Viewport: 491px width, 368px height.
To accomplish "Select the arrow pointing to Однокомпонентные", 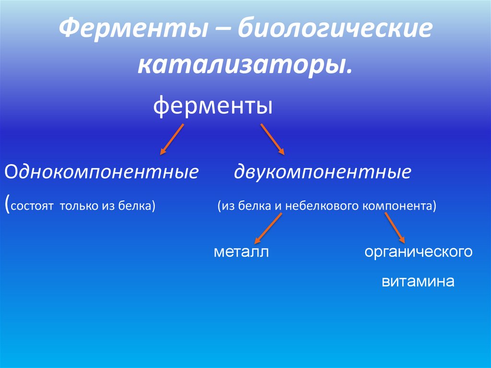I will click(172, 139).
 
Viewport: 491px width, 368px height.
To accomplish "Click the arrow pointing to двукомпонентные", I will click(272, 139).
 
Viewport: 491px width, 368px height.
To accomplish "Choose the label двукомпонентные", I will click(322, 172).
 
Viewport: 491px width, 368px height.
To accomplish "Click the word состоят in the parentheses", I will click(32, 206).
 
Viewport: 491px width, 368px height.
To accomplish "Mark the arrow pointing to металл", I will click(268, 228).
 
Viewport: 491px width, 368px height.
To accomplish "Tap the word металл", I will click(241, 252).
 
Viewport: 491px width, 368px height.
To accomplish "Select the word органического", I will click(419, 252).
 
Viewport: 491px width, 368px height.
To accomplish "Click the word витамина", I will click(418, 281).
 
